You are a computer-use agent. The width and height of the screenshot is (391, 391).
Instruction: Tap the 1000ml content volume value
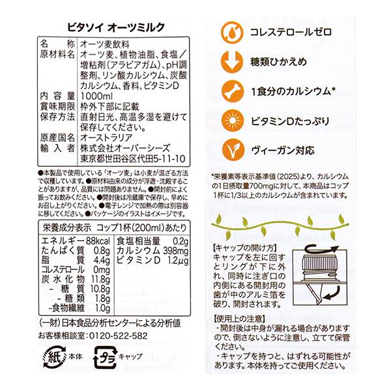(96, 112)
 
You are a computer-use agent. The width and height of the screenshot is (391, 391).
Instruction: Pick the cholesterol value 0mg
(101, 271)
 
